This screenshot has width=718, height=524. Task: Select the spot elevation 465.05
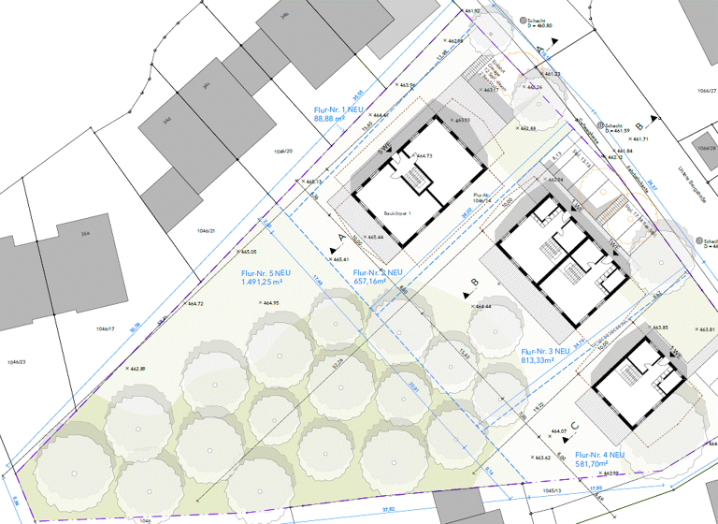click(249, 253)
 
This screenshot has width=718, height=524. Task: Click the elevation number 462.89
click(136, 370)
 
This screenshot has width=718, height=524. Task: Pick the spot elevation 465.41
click(339, 259)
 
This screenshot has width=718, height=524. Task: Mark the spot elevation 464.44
click(482, 307)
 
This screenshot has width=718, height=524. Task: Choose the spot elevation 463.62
click(540, 458)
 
